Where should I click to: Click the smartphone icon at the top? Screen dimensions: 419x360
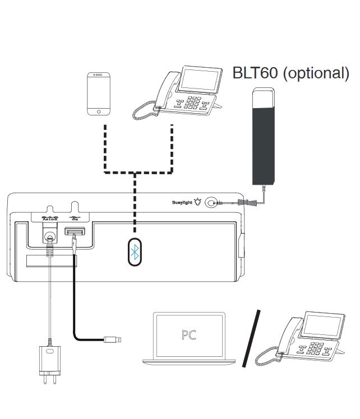point(99,94)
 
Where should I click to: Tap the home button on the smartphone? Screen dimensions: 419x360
point(99,111)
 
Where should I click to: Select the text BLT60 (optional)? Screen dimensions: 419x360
point(290,73)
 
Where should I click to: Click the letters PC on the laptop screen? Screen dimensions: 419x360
point(189,334)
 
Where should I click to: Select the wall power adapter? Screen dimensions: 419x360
point(48,359)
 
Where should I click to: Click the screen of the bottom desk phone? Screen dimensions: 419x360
point(321,329)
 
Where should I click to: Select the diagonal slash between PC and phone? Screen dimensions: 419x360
point(252,338)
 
